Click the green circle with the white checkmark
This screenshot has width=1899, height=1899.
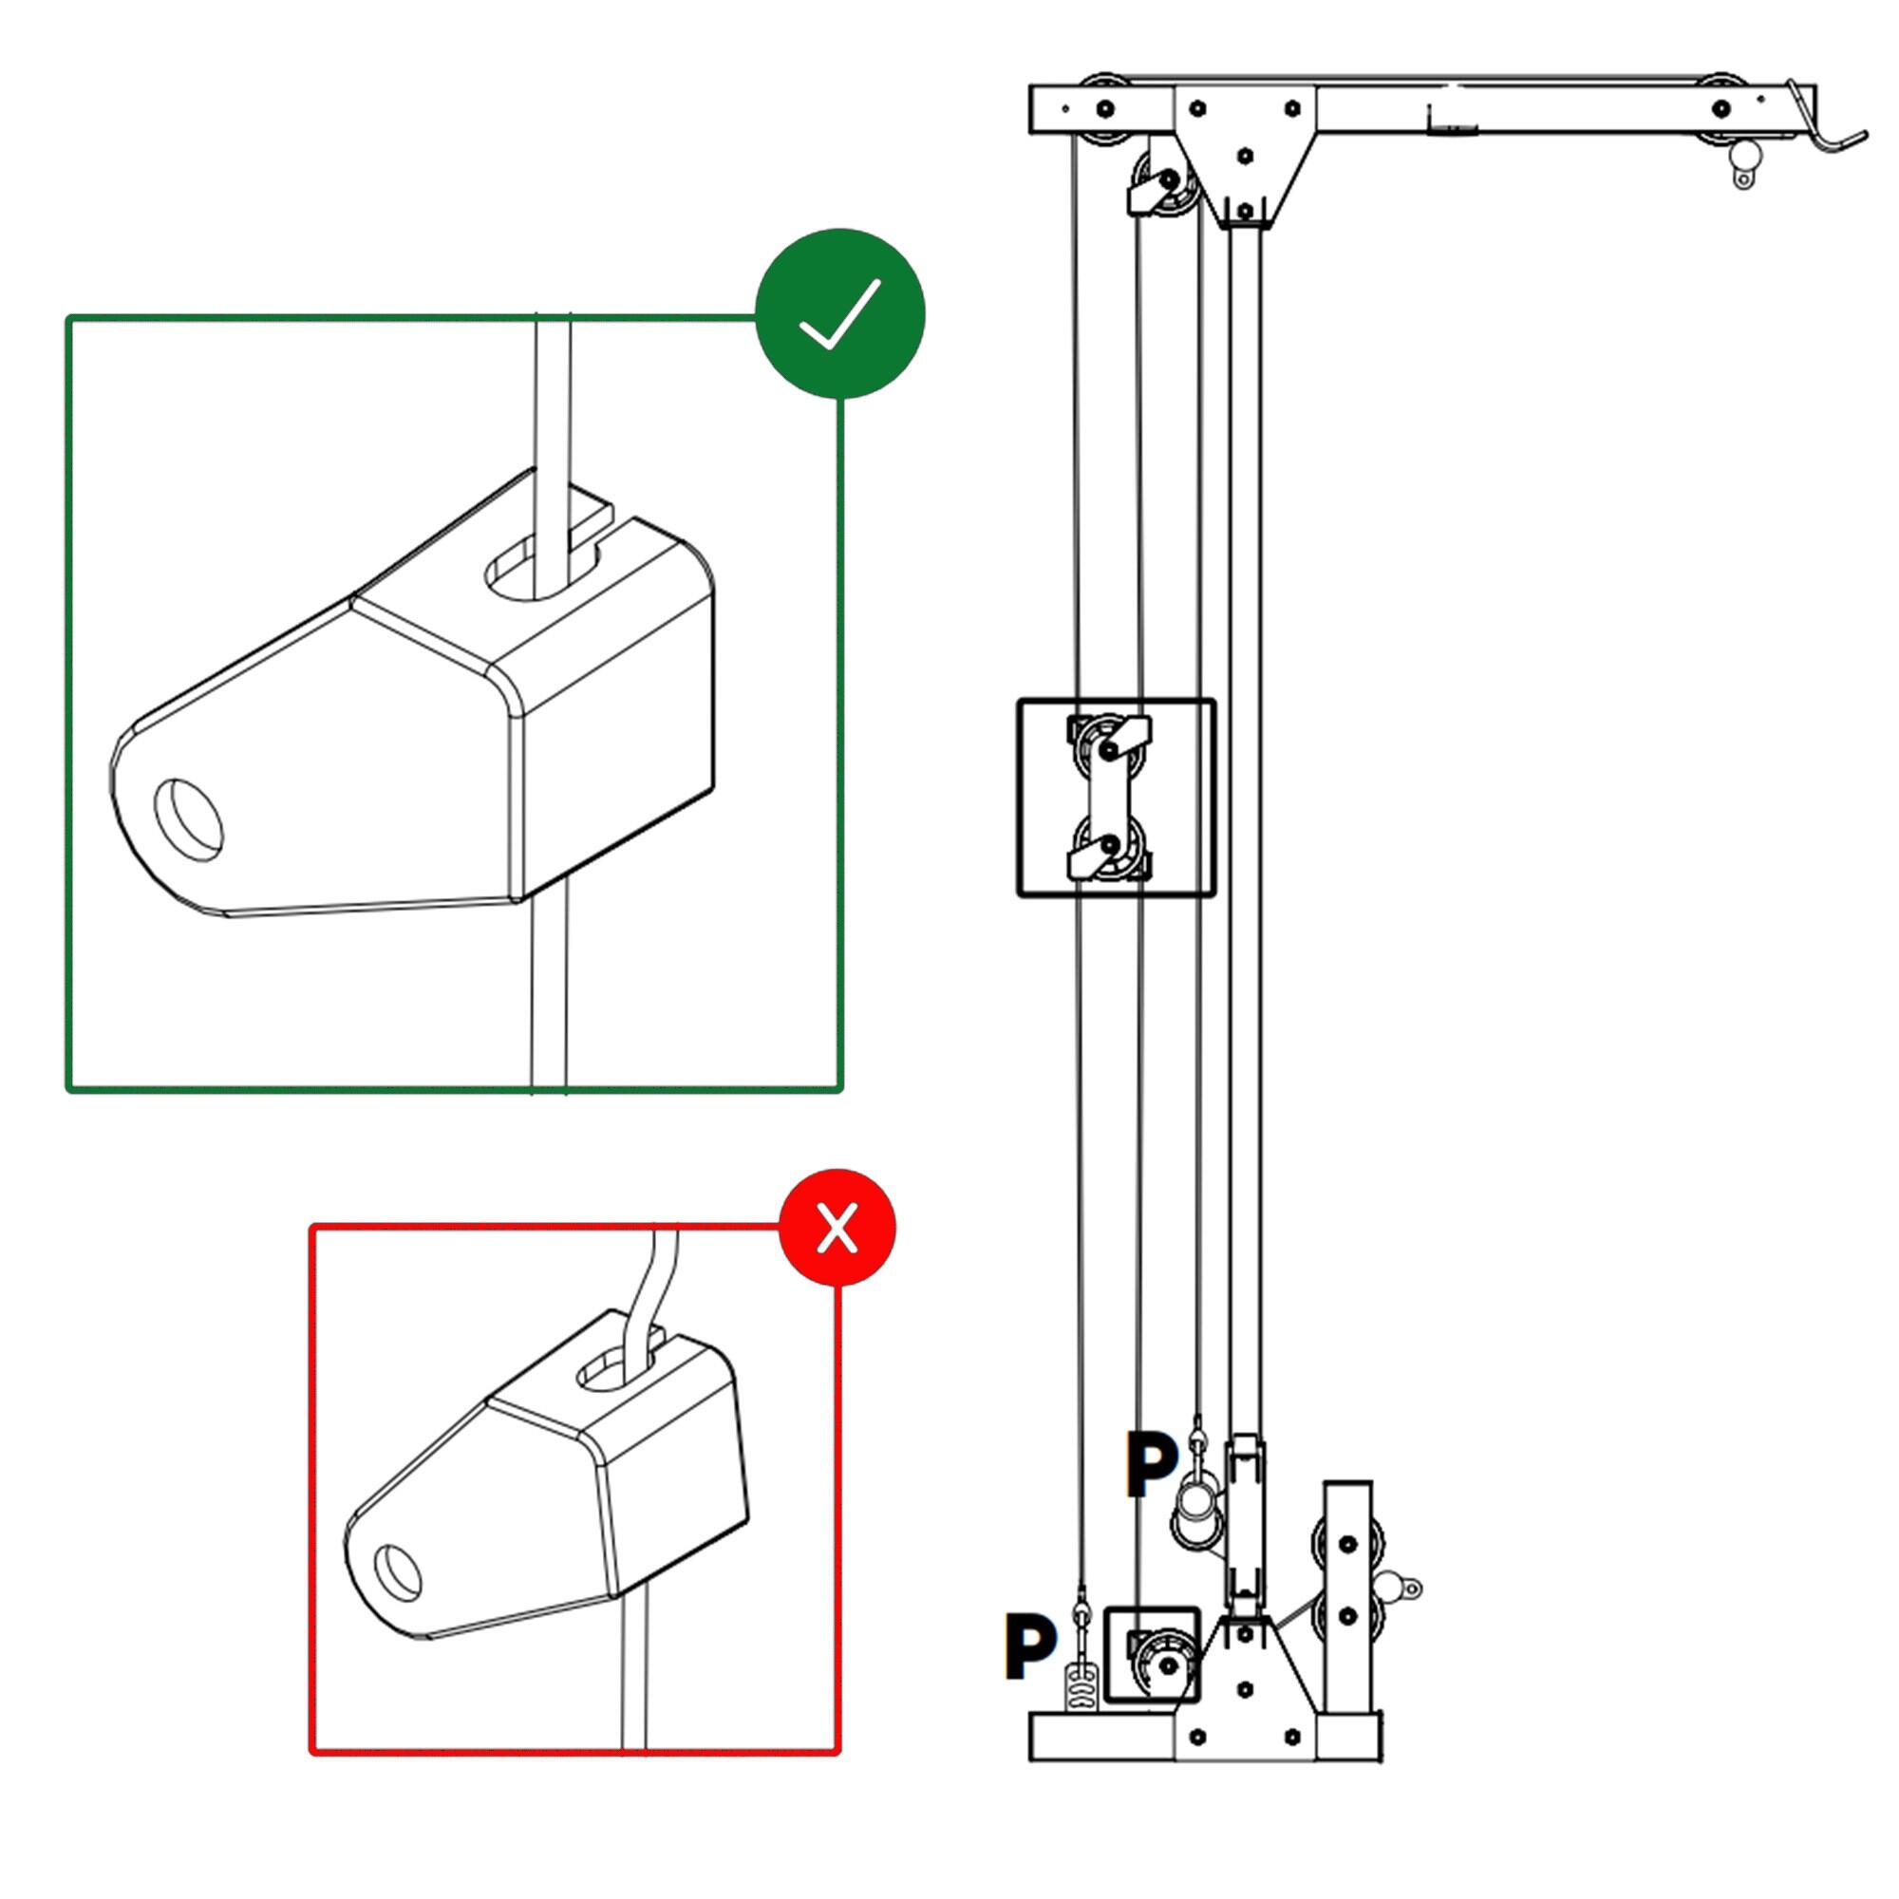(839, 313)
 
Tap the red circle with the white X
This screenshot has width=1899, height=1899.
(837, 1228)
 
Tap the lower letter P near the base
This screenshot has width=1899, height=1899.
(1029, 1645)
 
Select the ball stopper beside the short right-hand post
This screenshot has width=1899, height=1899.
(1391, 1585)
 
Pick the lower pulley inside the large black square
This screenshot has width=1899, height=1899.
(1110, 844)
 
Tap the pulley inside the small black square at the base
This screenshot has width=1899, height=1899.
(1168, 1665)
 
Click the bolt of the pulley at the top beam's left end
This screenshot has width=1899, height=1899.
(1106, 108)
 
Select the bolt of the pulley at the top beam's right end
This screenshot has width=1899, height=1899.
(1720, 108)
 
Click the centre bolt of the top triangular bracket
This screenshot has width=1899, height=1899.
(1246, 156)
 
